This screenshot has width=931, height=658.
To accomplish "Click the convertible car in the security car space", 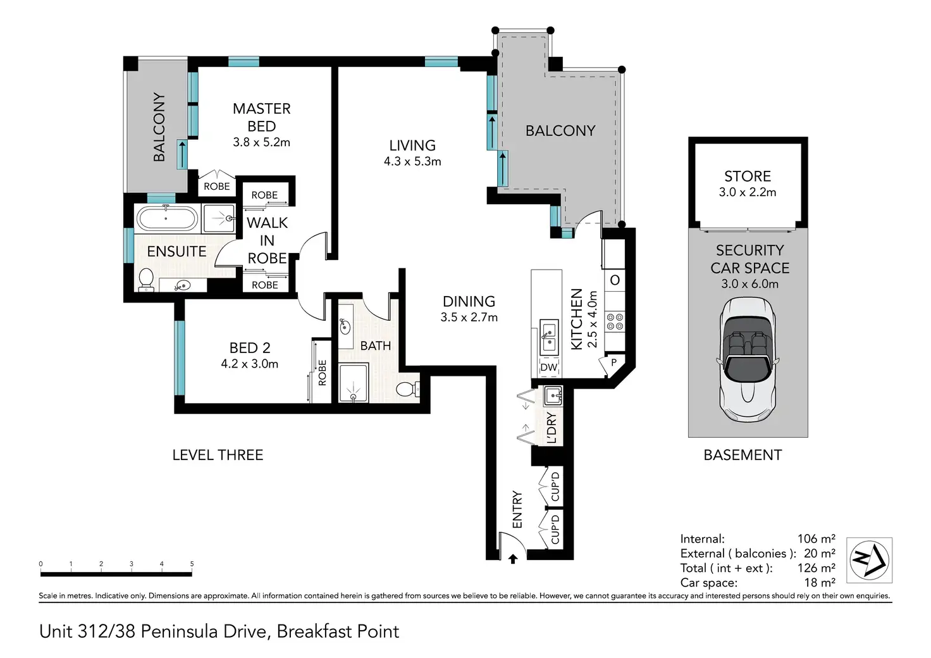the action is [x=748, y=359].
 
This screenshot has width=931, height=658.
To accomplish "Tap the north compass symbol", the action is [x=869, y=560].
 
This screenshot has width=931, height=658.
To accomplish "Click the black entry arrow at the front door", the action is [x=513, y=559].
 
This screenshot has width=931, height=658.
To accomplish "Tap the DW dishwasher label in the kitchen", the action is [x=548, y=367].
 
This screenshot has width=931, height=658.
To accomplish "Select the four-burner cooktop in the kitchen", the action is [x=615, y=322].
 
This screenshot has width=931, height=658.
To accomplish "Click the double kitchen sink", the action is [x=549, y=338].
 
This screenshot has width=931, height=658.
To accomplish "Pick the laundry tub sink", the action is [x=553, y=395].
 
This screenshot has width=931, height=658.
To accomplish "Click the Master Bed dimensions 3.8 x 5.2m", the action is [x=261, y=142].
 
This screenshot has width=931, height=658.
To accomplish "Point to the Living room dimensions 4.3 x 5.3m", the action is [x=412, y=161].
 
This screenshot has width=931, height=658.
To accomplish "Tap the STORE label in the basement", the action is [x=748, y=177].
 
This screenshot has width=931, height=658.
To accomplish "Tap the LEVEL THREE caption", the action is [x=218, y=455].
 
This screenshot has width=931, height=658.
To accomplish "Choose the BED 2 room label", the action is [x=250, y=347].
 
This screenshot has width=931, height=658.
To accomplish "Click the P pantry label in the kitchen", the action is [x=613, y=363].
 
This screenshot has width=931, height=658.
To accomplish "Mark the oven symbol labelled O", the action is [x=615, y=280].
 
